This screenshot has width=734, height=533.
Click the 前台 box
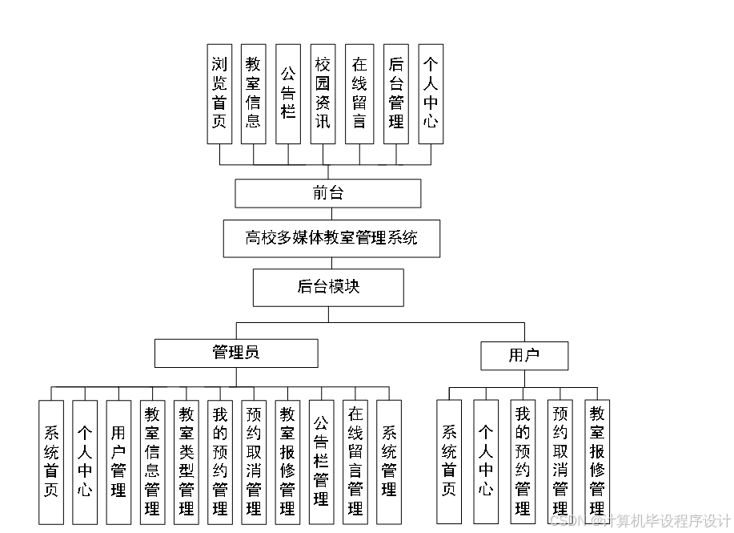coord(327,193)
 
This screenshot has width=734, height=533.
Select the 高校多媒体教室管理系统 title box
coord(331,238)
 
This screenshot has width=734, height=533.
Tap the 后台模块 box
coord(328,287)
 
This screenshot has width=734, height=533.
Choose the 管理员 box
coord(236,353)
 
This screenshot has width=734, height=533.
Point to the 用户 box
coord(524,356)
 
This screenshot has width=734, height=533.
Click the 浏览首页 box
coord(219,93)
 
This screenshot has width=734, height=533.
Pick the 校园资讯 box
coord(323,93)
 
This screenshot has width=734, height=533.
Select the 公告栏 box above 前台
coord(288,93)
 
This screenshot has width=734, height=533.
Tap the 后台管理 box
coord(395,93)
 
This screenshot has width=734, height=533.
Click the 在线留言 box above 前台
coord(359,93)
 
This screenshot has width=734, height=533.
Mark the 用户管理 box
coord(118,462)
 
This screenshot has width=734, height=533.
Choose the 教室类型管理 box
coord(187,462)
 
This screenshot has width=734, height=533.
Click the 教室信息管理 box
coord(152,462)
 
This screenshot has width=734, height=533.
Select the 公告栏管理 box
coord(321,462)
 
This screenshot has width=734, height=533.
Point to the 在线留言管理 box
coord(355,462)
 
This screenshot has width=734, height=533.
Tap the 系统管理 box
coord(389,462)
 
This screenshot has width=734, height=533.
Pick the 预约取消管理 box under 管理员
coord(254,462)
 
